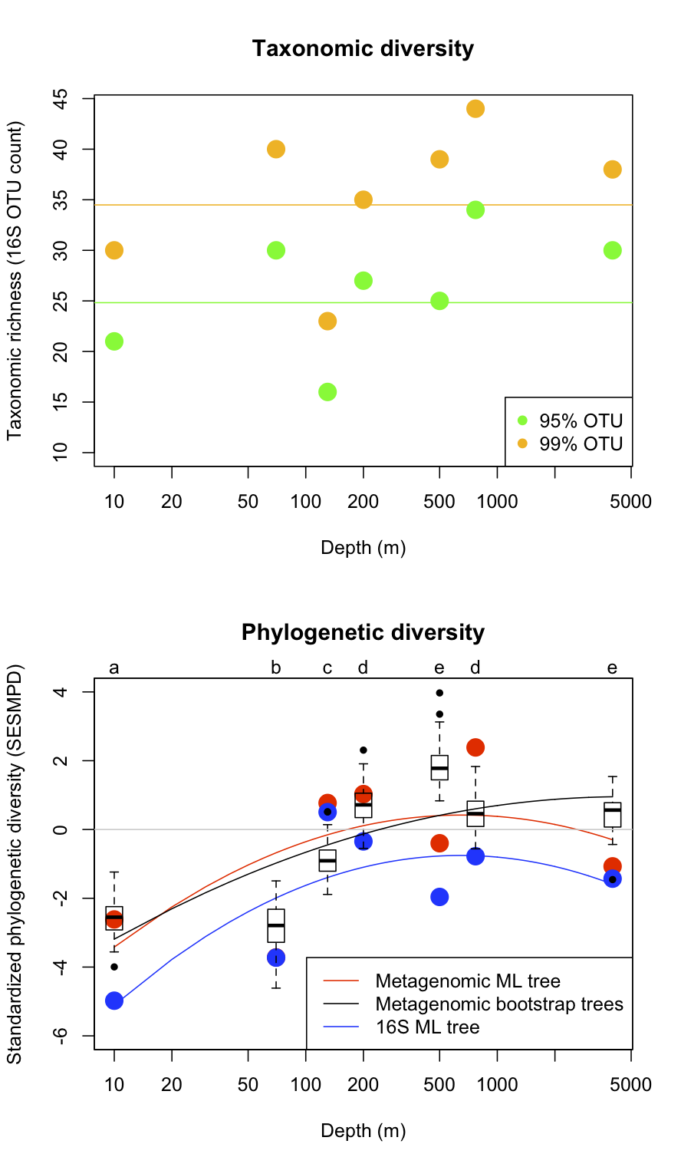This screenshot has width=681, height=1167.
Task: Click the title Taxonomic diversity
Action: [x=363, y=49]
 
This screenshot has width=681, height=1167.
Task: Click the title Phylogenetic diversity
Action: [x=363, y=632]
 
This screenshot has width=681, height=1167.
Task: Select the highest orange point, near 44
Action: [x=475, y=109]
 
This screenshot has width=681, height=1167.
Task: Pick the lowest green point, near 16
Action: [x=327, y=392]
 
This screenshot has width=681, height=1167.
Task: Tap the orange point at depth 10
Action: [x=114, y=250]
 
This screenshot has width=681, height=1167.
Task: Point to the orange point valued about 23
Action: [x=327, y=321]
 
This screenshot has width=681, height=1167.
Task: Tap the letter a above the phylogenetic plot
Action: [x=114, y=668]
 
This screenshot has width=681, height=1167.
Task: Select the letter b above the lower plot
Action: [x=276, y=668]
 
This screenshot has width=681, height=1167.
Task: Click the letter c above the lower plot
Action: [x=327, y=668]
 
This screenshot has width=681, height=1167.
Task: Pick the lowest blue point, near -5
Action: [x=114, y=1001]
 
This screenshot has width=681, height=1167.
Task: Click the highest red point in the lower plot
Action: [x=475, y=747]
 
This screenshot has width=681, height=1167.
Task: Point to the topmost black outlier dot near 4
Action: [x=439, y=693]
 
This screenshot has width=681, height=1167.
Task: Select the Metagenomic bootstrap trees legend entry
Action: [x=498, y=1004]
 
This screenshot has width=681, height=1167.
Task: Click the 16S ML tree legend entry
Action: [x=426, y=1027]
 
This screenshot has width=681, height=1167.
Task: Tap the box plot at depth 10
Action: [x=114, y=918]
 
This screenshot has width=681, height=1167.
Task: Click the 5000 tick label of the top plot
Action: [x=631, y=503]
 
